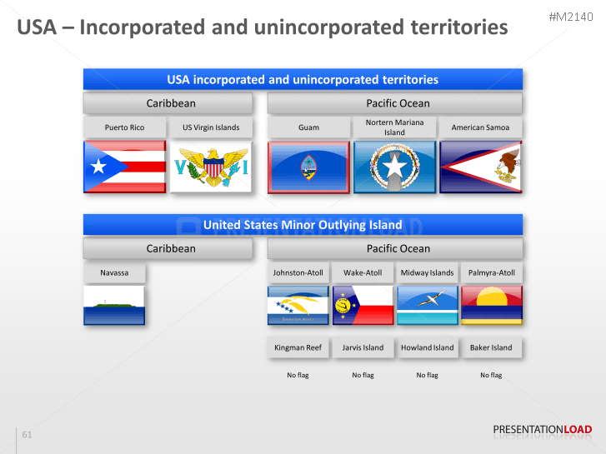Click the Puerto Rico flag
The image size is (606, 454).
[125, 167]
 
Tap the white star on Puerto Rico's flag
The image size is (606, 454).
[98, 167]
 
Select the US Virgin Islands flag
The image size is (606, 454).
[211, 167]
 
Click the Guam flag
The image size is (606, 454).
[308, 167]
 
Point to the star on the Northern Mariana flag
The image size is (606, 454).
[394, 167]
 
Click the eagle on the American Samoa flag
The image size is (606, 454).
[507, 166]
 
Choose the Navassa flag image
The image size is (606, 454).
[114, 305]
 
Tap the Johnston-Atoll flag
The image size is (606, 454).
[298, 305]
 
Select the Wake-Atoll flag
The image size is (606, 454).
[363, 305]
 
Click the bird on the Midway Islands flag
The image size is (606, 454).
[431, 299]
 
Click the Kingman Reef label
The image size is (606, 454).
[298, 347]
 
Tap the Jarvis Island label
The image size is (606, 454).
[363, 347]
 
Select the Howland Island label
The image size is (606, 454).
[427, 347]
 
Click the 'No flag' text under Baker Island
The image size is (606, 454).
[491, 375]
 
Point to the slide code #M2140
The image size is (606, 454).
[571, 17]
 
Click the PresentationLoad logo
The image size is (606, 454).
[542, 430]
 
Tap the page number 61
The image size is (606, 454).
[27, 434]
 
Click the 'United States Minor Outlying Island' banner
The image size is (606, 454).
[303, 224]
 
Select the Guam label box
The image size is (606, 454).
[308, 127]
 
